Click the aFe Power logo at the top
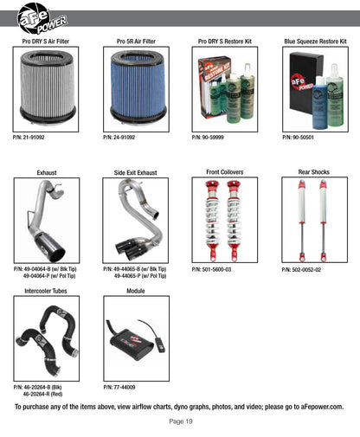point(42,18)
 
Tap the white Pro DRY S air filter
point(47,87)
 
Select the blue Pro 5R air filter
point(138,87)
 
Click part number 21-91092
point(29,138)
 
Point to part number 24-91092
point(119,138)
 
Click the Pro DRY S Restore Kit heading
point(225,42)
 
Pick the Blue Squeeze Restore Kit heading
point(315,42)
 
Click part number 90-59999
point(208,138)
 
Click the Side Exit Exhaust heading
point(135,173)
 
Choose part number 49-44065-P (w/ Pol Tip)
point(140,276)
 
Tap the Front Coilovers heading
point(225,172)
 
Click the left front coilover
point(211,221)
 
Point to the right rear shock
point(323,220)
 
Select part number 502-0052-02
point(301,270)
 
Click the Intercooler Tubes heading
point(46,291)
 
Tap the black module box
point(132,344)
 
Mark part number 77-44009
point(119,387)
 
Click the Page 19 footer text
point(181,421)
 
